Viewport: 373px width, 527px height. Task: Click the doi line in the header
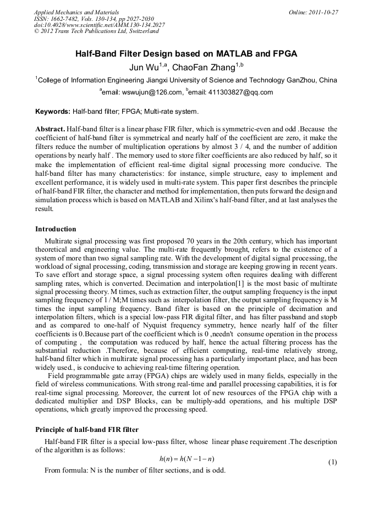tap(99, 25)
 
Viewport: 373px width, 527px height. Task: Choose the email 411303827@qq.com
tap(241, 92)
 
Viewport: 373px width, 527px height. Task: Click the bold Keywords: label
tap(53, 112)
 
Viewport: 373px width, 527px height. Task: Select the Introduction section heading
tap(56, 229)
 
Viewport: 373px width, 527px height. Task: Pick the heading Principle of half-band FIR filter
tap(86, 429)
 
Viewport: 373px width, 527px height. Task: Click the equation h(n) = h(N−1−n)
tap(186, 458)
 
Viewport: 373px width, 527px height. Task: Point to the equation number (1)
tap(332, 462)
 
